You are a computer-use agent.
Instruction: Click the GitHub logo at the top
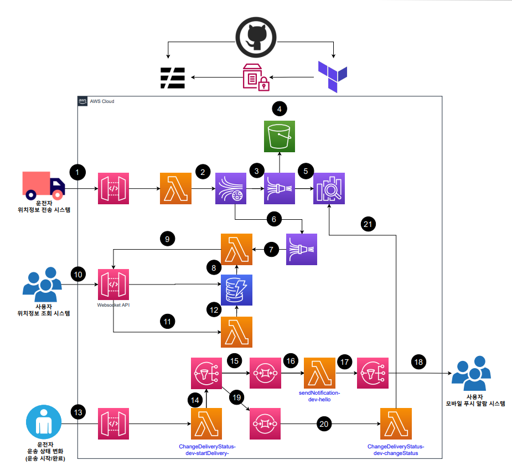pos(256,37)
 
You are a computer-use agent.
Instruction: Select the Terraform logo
pos(333,76)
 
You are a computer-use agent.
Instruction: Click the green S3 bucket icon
pos(280,137)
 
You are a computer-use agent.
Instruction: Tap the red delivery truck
pos(43,185)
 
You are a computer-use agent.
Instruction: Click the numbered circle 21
pos(368,224)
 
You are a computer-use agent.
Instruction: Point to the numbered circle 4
pos(279,109)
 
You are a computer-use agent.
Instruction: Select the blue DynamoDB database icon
pos(236,290)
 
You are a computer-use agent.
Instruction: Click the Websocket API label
pos(113,305)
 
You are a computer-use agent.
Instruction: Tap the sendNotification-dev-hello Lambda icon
pos(320,373)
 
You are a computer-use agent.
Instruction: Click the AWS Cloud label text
pos(102,101)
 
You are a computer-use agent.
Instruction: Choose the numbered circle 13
pos(78,412)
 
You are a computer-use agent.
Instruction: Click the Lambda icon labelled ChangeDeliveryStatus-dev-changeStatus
pos(396,424)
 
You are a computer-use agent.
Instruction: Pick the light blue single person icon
pos(44,422)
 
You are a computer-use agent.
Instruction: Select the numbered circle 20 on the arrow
pos(324,424)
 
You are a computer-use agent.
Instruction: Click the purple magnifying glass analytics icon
pos(329,188)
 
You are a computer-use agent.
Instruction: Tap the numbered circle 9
pos(168,239)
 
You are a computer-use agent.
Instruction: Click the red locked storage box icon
pos(256,77)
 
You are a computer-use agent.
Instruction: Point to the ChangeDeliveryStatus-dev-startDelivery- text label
pos(207,450)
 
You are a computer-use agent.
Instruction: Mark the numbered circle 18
pos(418,362)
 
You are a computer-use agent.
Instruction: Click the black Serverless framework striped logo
pos(173,78)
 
